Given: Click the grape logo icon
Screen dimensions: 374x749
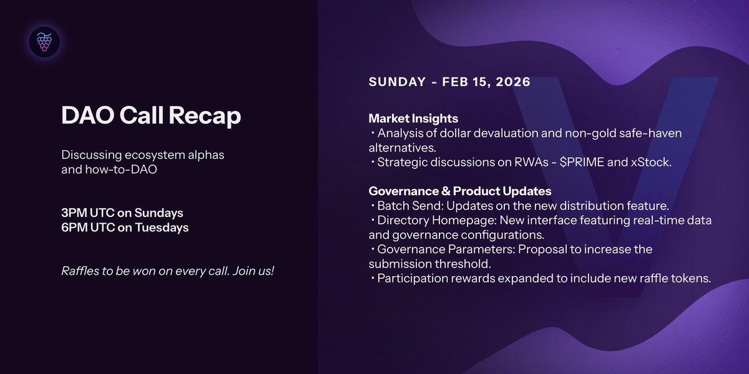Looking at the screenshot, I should pos(44,42).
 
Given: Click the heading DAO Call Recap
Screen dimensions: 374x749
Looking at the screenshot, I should pos(150,117).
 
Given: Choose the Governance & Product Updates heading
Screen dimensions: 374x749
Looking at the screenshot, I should pos(459,191).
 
